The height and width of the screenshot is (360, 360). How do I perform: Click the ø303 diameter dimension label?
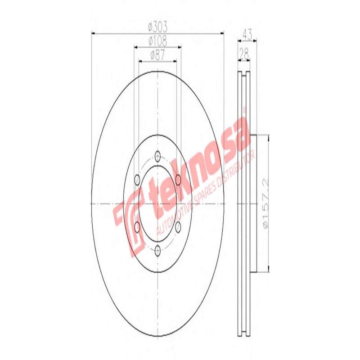click(157, 27)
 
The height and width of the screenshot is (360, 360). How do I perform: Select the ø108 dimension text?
click(157, 42)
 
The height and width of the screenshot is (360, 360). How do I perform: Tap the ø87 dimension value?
click(157, 56)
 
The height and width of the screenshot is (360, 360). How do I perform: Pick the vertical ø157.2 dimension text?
click(264, 203)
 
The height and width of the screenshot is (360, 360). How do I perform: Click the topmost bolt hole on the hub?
click(157, 156)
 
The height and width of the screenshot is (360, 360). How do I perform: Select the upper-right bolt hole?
click(178, 180)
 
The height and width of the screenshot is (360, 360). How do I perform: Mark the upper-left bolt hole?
click(137, 180)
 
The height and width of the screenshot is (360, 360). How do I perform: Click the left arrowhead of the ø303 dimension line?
click(94, 32)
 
